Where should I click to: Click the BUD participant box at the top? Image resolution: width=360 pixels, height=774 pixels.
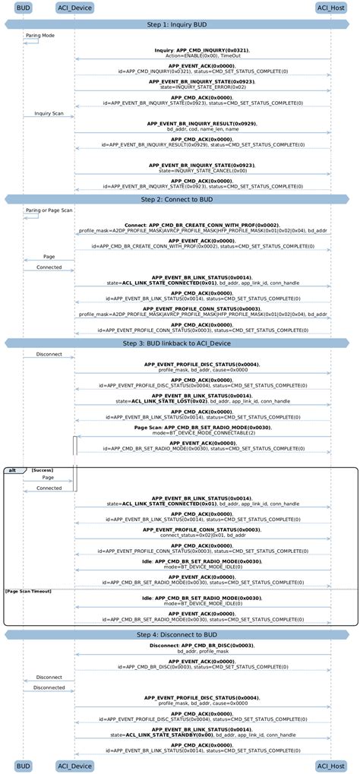24,8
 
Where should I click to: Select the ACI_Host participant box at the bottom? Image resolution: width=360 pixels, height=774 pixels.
331,766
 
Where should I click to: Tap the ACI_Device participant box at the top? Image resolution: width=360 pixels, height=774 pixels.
74,8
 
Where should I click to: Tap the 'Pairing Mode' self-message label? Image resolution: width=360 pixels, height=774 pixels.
39,35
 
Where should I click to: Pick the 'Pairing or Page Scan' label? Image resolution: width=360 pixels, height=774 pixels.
49,210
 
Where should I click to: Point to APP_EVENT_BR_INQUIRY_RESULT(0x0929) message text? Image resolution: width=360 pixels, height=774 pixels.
202,123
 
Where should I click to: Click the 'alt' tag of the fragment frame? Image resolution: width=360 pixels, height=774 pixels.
13,470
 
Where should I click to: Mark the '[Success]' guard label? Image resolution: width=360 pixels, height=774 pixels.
43,470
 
